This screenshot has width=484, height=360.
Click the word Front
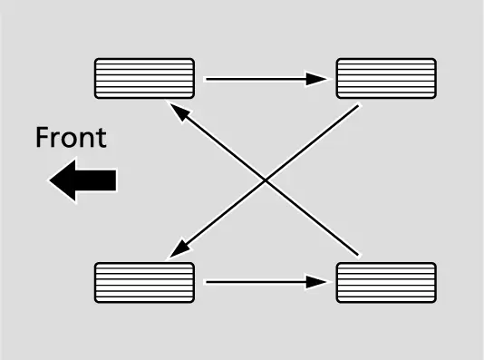point(71,138)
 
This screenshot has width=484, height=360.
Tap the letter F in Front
point(42,138)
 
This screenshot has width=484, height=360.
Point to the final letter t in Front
point(102,139)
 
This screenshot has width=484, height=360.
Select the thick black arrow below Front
point(82,180)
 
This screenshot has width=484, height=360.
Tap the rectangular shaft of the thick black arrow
point(96,180)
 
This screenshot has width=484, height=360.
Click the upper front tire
point(144,78)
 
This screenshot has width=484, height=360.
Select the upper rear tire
point(386,78)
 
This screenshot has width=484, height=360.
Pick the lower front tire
point(144,283)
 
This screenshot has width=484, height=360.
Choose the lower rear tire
point(386,283)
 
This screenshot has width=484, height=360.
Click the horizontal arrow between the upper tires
point(266,79)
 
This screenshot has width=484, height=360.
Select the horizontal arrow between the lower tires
point(266,282)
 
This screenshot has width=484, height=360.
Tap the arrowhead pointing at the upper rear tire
point(316,79)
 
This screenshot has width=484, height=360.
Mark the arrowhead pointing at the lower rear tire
point(316,282)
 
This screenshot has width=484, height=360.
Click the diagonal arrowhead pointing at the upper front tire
point(179,112)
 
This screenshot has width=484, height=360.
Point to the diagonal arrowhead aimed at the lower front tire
point(180,248)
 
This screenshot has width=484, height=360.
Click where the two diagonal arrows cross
point(266,180)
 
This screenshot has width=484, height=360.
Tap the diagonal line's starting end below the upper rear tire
point(358,106)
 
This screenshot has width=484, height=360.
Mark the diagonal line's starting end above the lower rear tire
point(358,255)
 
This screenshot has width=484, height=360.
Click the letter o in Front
point(68,141)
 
